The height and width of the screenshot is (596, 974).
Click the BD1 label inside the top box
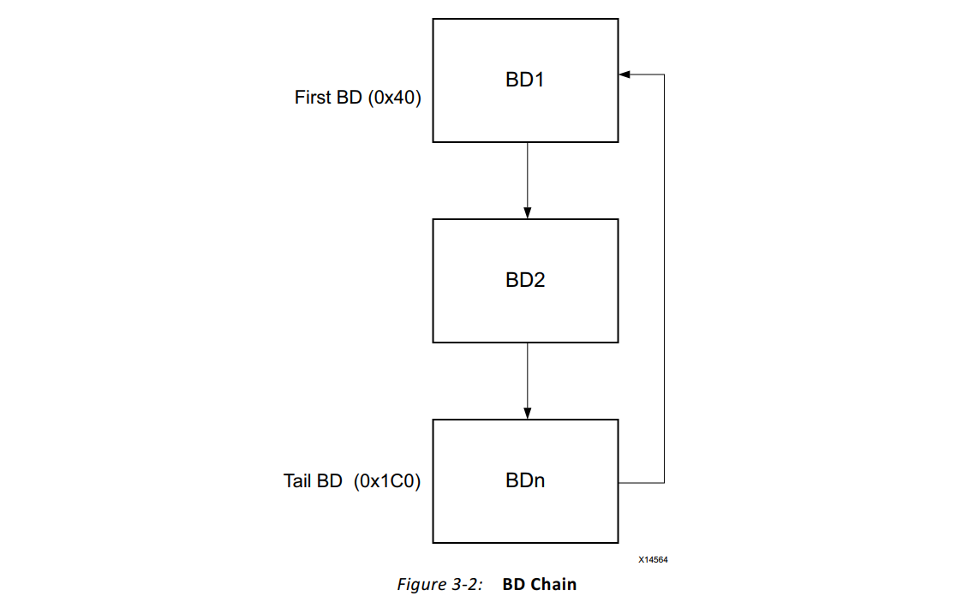pyautogui.click(x=525, y=80)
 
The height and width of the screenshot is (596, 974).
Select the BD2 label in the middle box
pyautogui.click(x=525, y=280)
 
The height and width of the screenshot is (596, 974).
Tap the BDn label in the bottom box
pyautogui.click(x=525, y=480)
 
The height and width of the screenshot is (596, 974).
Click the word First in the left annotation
pyautogui.click(x=313, y=98)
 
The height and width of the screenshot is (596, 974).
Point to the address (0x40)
pyautogui.click(x=394, y=98)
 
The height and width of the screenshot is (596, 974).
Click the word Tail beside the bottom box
pyautogui.click(x=297, y=481)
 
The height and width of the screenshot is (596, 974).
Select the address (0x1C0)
pyautogui.click(x=387, y=481)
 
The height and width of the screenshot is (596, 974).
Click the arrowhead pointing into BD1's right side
pyautogui.click(x=624, y=74)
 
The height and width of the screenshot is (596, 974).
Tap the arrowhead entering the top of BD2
pyautogui.click(x=528, y=213)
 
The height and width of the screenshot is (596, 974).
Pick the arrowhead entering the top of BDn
pyautogui.click(x=528, y=414)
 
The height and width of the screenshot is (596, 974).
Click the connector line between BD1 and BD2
pyautogui.click(x=528, y=180)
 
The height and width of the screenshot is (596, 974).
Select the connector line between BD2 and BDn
pyautogui.click(x=528, y=380)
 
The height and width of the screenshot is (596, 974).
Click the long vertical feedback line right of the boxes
pyautogui.click(x=664, y=278)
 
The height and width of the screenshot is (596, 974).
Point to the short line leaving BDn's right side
pyautogui.click(x=641, y=482)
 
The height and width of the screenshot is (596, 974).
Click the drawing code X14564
pyautogui.click(x=653, y=559)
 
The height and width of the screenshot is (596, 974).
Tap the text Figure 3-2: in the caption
pyautogui.click(x=439, y=585)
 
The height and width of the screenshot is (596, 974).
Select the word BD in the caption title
pyautogui.click(x=514, y=584)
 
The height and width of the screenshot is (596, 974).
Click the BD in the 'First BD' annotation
pyautogui.click(x=350, y=98)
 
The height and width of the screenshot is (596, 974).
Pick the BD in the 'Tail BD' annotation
pyautogui.click(x=329, y=481)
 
